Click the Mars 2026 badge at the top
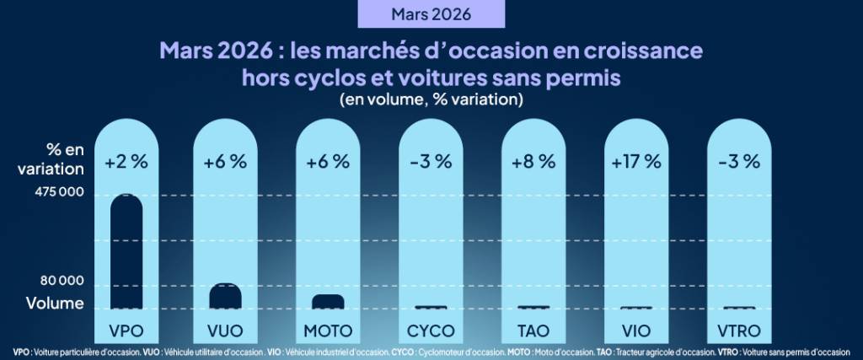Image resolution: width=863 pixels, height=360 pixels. pyautogui.click(x=431, y=14)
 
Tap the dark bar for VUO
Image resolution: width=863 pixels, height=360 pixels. pyautogui.click(x=225, y=296)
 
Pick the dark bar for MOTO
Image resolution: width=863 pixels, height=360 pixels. pyautogui.click(x=328, y=301)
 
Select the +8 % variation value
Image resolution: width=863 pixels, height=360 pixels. pyautogui.click(x=533, y=162)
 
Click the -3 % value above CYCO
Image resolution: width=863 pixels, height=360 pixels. pyautogui.click(x=431, y=162)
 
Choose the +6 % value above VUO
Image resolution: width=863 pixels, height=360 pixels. pyautogui.click(x=225, y=162)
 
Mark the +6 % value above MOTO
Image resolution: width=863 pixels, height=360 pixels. pyautogui.click(x=328, y=162)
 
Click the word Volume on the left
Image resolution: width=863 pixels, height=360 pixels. pyautogui.click(x=54, y=303)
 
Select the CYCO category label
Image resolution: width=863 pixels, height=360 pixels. pyautogui.click(x=431, y=330)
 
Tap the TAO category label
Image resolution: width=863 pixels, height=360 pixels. pyautogui.click(x=533, y=330)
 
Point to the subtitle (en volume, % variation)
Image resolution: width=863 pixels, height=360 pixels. pyautogui.click(x=431, y=99)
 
